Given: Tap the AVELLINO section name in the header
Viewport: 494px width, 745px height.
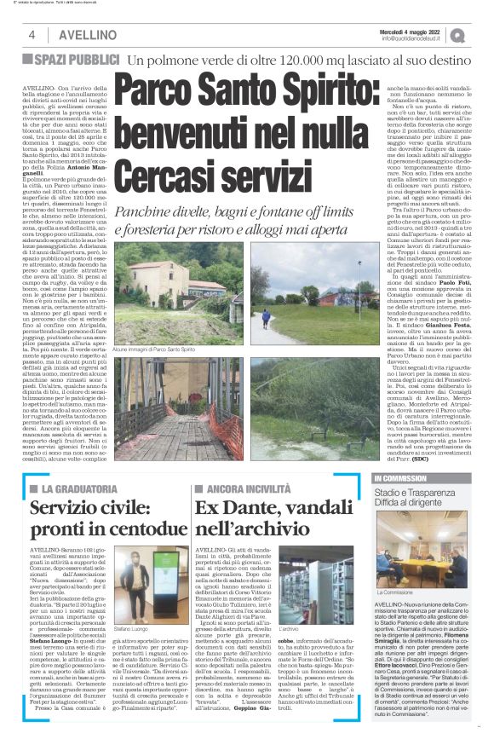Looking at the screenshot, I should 67,36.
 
